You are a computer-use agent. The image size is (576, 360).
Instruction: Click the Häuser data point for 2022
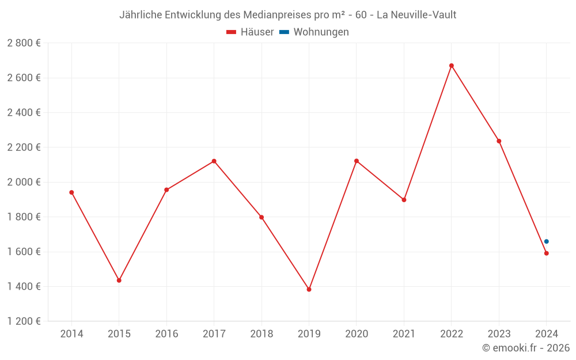(x=452, y=66)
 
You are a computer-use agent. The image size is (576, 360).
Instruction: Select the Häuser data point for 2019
(x=309, y=289)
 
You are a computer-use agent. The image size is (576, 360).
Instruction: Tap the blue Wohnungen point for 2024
(x=547, y=241)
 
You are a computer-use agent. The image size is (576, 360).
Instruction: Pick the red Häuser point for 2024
(x=547, y=253)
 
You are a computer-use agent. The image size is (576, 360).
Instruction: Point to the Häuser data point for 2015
(x=119, y=281)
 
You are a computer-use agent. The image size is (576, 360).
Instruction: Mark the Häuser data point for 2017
(x=214, y=161)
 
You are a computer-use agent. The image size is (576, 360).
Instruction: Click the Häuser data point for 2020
(x=357, y=161)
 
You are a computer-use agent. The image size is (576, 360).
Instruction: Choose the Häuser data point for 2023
(x=499, y=141)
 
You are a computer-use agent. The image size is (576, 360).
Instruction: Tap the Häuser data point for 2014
(x=71, y=192)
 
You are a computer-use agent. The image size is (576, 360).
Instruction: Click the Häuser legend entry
(x=250, y=32)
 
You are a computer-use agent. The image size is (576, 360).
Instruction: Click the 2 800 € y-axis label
(x=24, y=43)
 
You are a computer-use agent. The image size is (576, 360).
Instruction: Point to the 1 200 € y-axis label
(x=24, y=321)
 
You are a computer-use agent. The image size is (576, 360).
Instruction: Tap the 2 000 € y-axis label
(x=24, y=182)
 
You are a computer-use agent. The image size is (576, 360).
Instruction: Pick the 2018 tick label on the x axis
(x=262, y=334)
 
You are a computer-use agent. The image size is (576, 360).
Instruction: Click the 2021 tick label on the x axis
(x=404, y=334)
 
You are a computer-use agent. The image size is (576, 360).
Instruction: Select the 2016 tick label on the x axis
(x=166, y=334)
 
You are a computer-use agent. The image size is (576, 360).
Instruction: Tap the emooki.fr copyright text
(x=526, y=348)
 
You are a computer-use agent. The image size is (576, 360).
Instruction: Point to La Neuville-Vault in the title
(x=416, y=15)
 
